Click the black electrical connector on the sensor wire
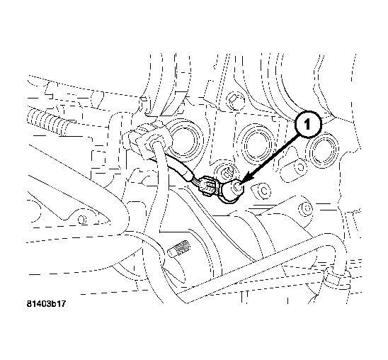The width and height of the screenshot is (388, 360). pyautogui.click(x=207, y=185)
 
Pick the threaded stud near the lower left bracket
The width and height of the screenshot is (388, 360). pyautogui.click(x=181, y=251)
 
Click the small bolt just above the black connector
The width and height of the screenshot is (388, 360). pyautogui.click(x=226, y=170)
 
